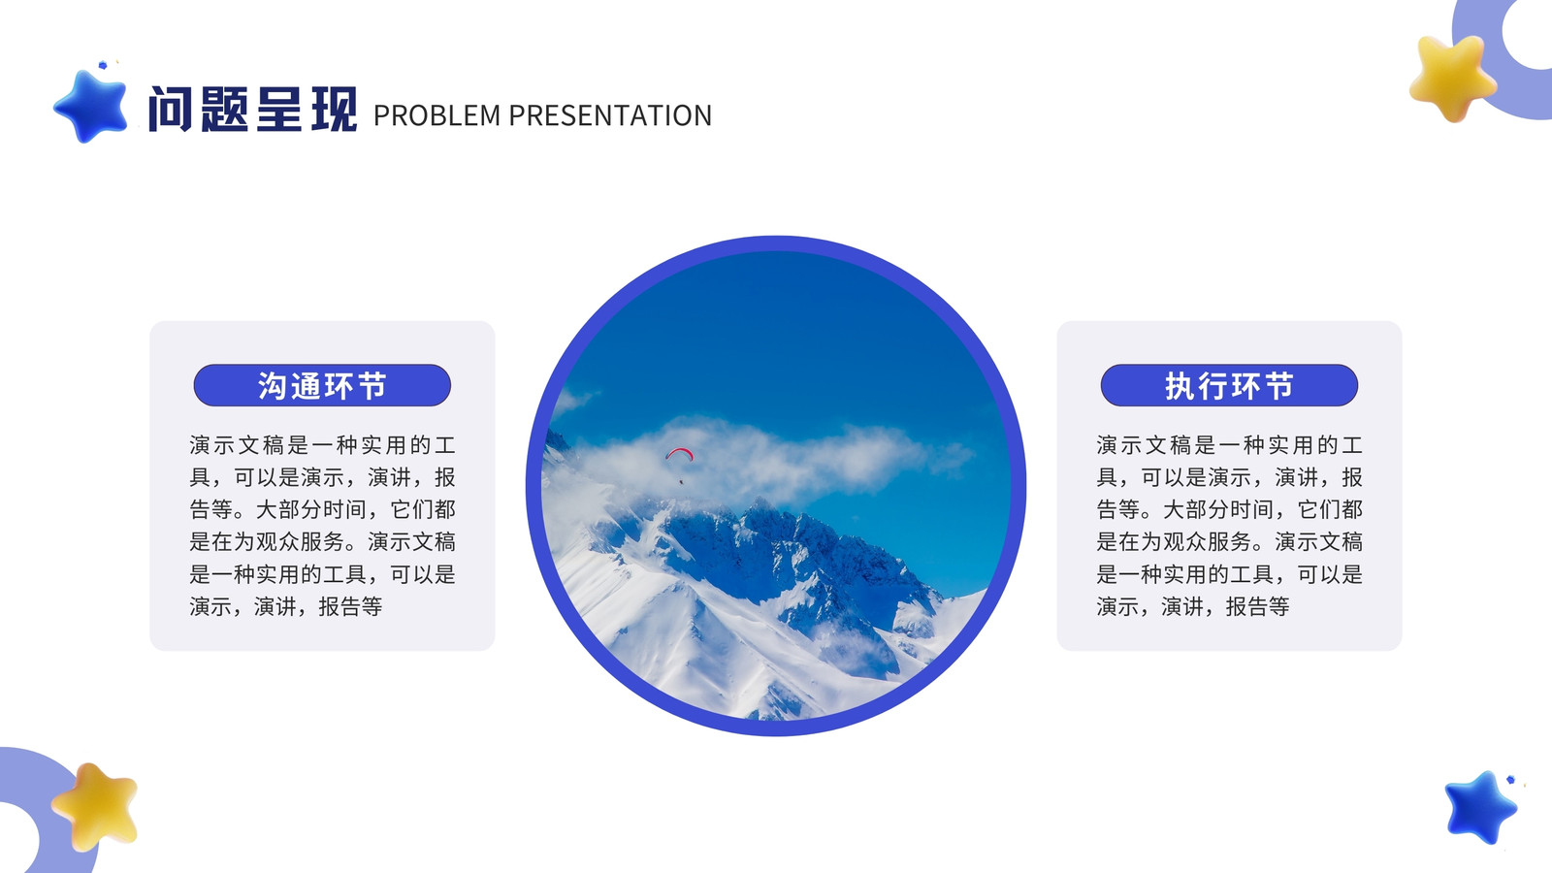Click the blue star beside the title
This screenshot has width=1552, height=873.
click(x=91, y=107)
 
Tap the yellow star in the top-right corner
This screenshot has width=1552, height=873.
click(x=1452, y=78)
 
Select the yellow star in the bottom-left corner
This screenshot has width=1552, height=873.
click(x=95, y=807)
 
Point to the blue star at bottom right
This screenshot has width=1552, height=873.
click(x=1480, y=808)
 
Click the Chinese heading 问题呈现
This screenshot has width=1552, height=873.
click(x=253, y=110)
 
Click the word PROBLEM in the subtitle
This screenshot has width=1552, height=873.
click(x=436, y=115)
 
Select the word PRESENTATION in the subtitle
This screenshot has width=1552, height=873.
click(x=610, y=115)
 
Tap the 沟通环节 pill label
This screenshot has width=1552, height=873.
click(x=322, y=385)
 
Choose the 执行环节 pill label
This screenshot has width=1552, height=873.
click(x=1229, y=385)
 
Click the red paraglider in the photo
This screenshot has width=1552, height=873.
click(x=680, y=455)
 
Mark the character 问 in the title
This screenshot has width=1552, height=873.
click(x=171, y=110)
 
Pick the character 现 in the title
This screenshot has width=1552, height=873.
click(x=335, y=110)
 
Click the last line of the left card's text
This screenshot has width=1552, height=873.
click(x=286, y=607)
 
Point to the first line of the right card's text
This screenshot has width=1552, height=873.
click(x=1229, y=445)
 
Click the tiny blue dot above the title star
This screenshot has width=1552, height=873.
click(x=103, y=65)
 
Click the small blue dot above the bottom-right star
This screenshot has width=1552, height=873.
click(x=1510, y=780)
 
